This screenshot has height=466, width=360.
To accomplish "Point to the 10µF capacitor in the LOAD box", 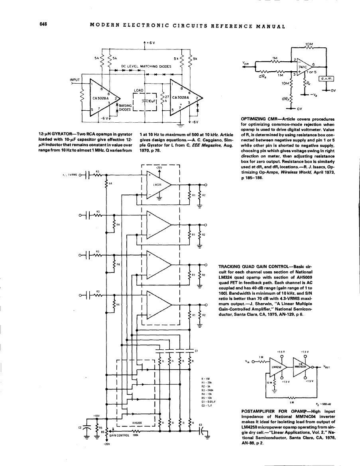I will click(x=150, y=102).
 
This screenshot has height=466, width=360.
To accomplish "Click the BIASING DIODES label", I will click(x=125, y=108).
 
